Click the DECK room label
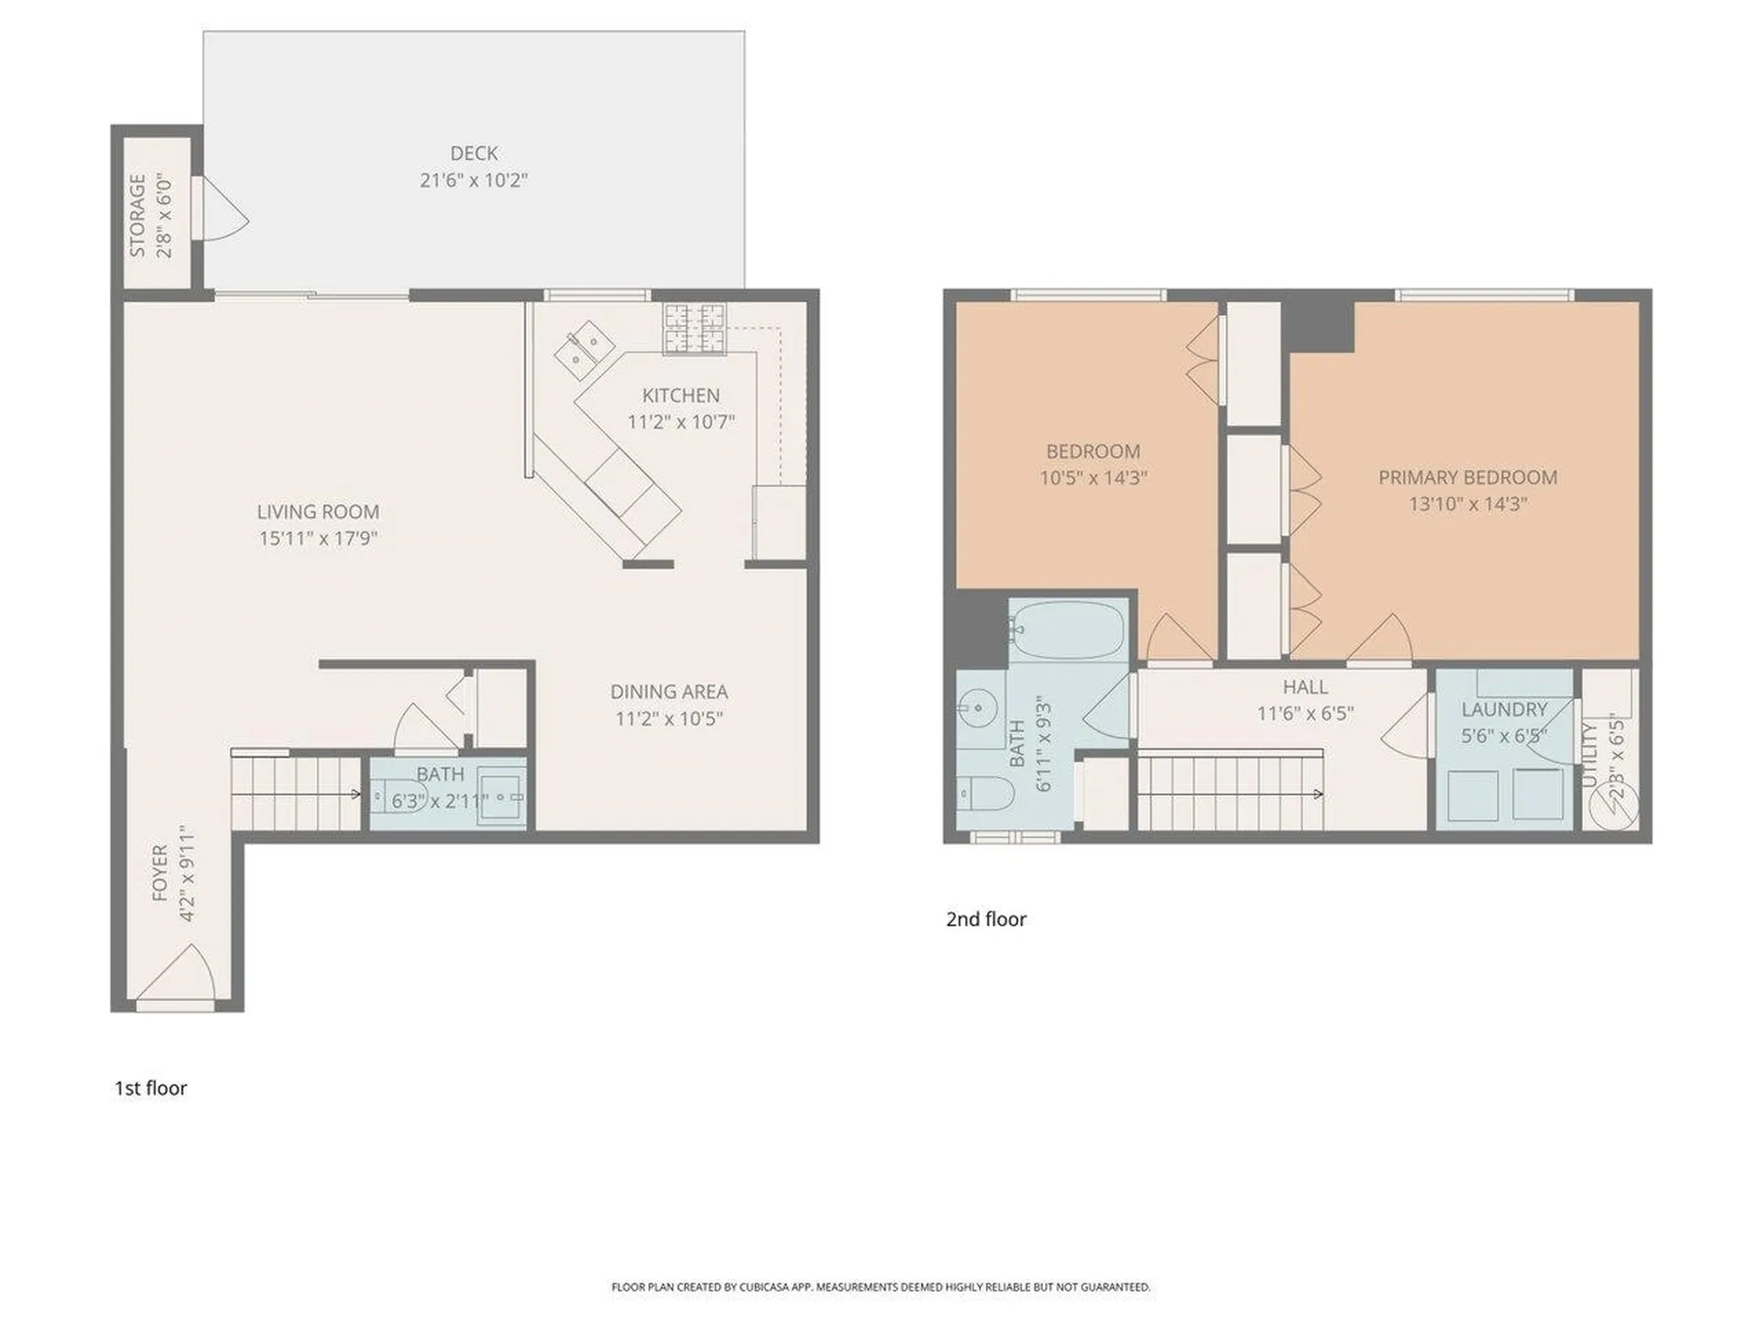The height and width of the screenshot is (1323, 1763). [474, 153]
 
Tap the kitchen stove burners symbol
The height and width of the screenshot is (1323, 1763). [694, 328]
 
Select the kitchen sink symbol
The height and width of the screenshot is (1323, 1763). [585, 351]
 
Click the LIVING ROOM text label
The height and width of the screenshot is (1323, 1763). [318, 512]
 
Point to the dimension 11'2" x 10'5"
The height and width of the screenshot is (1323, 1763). [668, 718]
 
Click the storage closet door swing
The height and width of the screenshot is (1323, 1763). [223, 210]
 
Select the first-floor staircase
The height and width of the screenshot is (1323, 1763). [296, 791]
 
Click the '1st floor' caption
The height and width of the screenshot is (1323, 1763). [151, 1089]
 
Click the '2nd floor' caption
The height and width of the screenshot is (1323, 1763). [986, 920]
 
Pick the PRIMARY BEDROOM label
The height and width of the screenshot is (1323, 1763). [1467, 478]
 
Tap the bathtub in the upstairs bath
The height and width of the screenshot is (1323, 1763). [1069, 630]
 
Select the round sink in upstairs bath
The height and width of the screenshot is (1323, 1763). [977, 707]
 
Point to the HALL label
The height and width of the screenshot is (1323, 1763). [1305, 687]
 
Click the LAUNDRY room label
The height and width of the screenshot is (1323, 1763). [1504, 709]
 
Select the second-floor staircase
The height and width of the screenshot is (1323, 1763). [1230, 792]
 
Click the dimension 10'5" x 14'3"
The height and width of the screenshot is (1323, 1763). [1093, 479]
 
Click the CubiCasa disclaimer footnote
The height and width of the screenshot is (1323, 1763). [881, 1287]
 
